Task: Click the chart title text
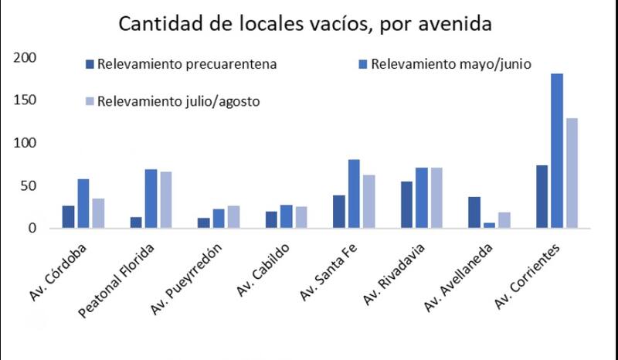[x=304, y=24]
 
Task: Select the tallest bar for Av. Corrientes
[x=556, y=151]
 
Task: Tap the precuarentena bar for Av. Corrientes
[x=542, y=196]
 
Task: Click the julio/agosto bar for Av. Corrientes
[x=571, y=173]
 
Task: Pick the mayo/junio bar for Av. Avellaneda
[x=488, y=226]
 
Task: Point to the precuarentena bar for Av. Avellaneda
[x=474, y=212]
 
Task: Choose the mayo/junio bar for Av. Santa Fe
[x=353, y=194]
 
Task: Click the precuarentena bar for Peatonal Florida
[x=136, y=222]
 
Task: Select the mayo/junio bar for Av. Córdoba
[x=83, y=203]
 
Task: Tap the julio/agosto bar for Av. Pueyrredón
[x=233, y=217]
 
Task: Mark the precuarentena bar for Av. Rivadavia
[x=406, y=205]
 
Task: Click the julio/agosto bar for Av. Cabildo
[x=301, y=217]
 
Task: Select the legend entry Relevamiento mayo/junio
[x=450, y=64]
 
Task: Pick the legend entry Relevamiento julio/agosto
[x=178, y=101]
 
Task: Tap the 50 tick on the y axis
[x=29, y=186]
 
